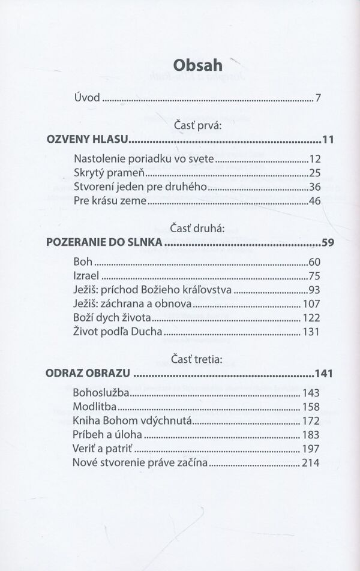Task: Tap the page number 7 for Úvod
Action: coord(319,98)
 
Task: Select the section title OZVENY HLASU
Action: coord(88,140)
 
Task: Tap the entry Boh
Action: coord(83,262)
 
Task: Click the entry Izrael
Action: coord(86,276)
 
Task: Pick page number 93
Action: coord(315,290)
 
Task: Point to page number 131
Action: coord(312,332)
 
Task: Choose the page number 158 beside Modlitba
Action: coord(312,407)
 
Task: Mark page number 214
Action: coord(312,462)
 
